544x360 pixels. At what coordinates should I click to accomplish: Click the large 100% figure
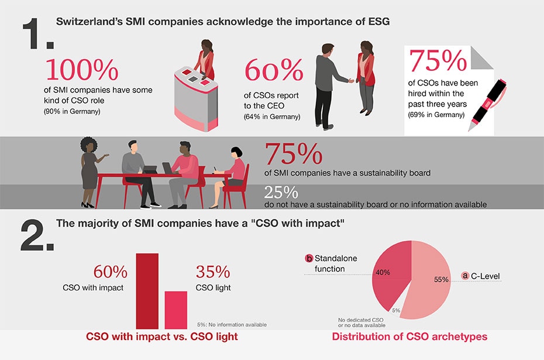pos(82,70)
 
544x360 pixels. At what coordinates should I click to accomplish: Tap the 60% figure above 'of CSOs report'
pos(274,71)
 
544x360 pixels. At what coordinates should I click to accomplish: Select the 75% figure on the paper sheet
pos(438,61)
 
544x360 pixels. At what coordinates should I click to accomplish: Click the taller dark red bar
pos(147,290)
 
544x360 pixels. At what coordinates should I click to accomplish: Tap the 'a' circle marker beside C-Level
pos(466,275)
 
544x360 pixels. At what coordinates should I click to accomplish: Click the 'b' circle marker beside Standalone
pos(309,258)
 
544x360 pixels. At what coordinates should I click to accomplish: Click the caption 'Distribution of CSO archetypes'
pos(409,337)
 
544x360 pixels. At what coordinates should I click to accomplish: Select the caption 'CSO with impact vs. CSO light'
pos(162,337)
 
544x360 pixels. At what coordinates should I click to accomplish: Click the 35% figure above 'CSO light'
pos(213,272)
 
